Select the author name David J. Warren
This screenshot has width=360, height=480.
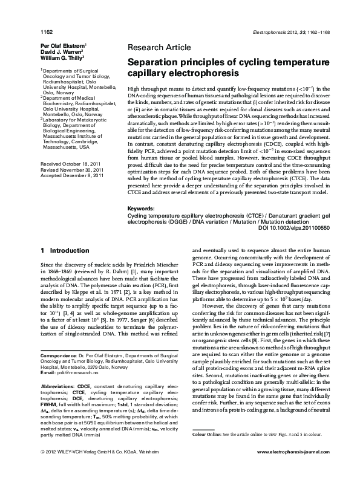62,51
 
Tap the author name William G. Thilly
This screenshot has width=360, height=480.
62,58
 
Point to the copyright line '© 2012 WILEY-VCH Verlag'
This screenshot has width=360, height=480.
73,469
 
